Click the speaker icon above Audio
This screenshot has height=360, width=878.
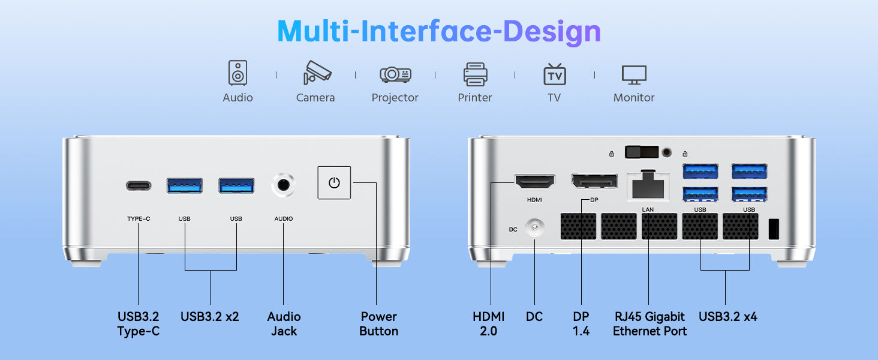tap(237, 73)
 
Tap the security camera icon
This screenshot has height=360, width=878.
tap(317, 72)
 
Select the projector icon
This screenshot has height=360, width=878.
tap(395, 74)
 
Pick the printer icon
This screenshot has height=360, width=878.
tap(475, 74)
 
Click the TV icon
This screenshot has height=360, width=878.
tap(554, 74)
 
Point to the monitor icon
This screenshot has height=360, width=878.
tap(634, 74)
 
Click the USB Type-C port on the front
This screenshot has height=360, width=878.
tap(139, 185)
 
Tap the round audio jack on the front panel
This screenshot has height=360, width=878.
tap(283, 185)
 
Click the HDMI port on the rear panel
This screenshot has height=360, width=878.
tap(534, 182)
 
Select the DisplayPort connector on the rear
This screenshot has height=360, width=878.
tap(594, 181)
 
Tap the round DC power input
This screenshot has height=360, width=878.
tap(534, 227)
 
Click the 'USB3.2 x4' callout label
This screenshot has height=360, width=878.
tap(728, 316)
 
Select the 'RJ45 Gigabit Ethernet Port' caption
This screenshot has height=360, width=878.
tap(650, 324)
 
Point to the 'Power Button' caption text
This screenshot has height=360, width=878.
tap(378, 324)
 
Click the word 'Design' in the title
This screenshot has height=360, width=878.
tap(552, 32)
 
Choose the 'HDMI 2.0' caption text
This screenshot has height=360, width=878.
tap(488, 324)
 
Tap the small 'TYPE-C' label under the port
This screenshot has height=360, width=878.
tap(139, 219)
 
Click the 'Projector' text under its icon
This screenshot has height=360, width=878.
tap(395, 98)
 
